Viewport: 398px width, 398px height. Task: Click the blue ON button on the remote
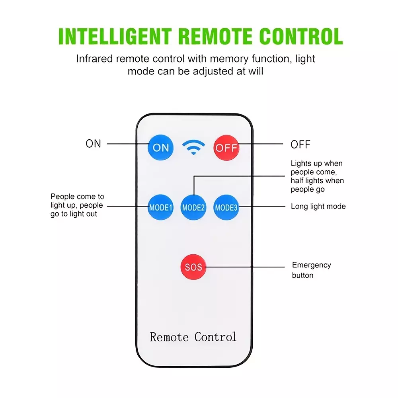[160, 148]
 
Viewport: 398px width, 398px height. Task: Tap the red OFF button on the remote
[226, 148]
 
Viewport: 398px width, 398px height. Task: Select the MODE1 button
[160, 207]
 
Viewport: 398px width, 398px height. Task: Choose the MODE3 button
[226, 207]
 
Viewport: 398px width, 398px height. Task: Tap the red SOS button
[193, 267]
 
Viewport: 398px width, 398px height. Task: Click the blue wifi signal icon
[193, 147]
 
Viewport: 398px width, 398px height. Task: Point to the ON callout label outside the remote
[94, 144]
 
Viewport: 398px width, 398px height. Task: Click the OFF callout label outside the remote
[300, 144]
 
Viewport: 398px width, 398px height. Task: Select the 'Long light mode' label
[318, 206]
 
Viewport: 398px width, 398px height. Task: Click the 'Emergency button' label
[312, 270]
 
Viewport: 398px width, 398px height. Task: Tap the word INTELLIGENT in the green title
[115, 36]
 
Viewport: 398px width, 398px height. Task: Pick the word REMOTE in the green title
[215, 36]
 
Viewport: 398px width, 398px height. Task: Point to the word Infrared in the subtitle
[94, 59]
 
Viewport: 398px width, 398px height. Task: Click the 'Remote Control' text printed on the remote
[193, 337]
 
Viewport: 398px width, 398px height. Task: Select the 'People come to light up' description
[77, 205]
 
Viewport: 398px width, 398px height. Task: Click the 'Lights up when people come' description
[317, 176]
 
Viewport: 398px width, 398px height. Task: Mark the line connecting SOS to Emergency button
[245, 267]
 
